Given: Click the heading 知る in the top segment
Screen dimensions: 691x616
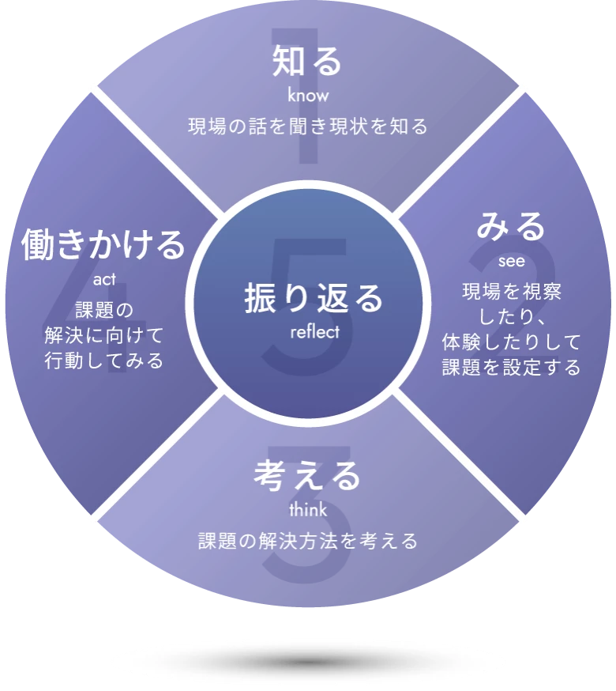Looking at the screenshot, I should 307,62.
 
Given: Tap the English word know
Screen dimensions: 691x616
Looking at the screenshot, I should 307,96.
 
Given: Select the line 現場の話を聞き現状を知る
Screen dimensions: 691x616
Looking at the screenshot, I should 307,126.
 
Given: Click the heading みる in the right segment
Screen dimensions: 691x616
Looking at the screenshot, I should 511,227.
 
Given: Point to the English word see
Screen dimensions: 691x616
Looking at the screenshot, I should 511,261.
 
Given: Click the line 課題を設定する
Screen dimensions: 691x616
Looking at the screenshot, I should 511,368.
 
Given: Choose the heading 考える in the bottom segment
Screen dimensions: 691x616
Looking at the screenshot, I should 307,476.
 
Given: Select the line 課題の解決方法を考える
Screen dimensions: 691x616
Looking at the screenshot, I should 307,542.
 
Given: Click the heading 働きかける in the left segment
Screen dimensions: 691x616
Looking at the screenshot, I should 103,245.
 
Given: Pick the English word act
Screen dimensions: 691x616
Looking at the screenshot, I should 103,279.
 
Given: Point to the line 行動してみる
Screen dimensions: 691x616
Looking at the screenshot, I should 103,361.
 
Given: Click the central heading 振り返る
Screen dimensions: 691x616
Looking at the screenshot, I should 314,300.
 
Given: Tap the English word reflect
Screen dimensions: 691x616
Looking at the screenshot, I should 314,332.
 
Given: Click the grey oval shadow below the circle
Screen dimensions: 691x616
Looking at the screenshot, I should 308,660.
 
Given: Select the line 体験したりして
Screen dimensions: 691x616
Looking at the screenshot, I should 511,342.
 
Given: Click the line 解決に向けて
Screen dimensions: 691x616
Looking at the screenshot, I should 103,335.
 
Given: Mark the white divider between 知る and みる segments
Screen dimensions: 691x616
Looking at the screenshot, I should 462,150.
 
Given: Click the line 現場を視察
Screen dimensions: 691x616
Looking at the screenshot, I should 511,292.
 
